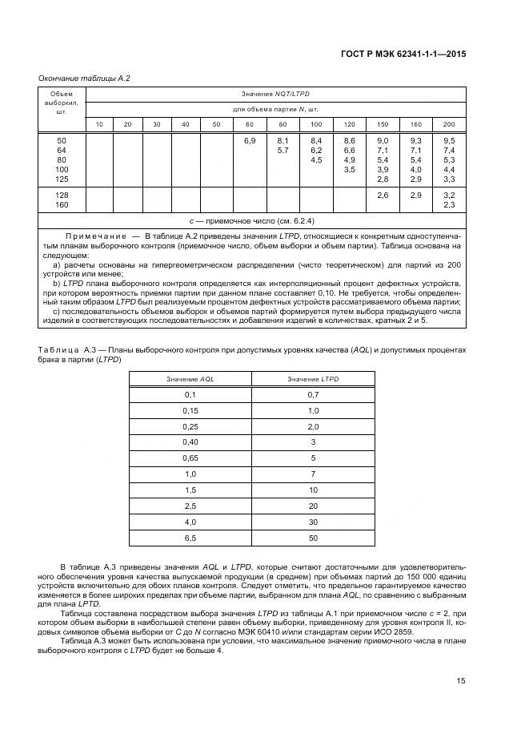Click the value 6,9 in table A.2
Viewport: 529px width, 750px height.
point(250,141)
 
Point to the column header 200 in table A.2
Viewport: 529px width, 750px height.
point(449,123)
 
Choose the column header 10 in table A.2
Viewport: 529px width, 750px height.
point(99,123)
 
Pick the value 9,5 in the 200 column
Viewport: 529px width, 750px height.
point(449,141)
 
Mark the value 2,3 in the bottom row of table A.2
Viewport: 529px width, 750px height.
point(449,205)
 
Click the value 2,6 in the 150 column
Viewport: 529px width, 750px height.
point(383,196)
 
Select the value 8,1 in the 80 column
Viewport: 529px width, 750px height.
point(283,141)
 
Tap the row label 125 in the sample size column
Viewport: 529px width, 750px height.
point(62,179)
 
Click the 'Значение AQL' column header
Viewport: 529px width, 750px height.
point(190,378)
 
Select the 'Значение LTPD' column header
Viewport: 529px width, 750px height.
point(313,378)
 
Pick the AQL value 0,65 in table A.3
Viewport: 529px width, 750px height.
point(190,458)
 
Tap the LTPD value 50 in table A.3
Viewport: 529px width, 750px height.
point(313,537)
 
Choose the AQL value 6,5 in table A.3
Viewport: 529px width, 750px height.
point(190,537)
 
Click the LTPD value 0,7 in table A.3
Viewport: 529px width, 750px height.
point(313,394)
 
